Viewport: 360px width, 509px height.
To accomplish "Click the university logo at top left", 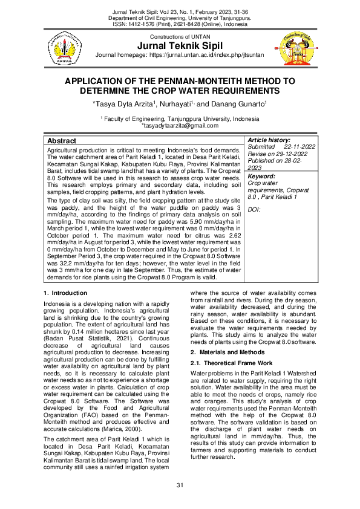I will tap(64, 48).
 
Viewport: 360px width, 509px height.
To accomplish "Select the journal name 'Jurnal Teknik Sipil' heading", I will tap(180, 47).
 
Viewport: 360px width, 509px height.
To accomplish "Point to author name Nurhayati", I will tap(178, 105).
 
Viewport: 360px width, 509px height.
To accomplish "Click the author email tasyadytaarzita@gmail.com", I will tap(180, 125).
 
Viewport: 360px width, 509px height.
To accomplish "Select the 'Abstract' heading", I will tap(62, 140).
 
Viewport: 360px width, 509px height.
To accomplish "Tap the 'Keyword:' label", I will tap(261, 177).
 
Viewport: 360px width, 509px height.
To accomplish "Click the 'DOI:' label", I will tap(254, 209).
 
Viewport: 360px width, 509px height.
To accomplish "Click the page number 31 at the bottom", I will tap(180, 486).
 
